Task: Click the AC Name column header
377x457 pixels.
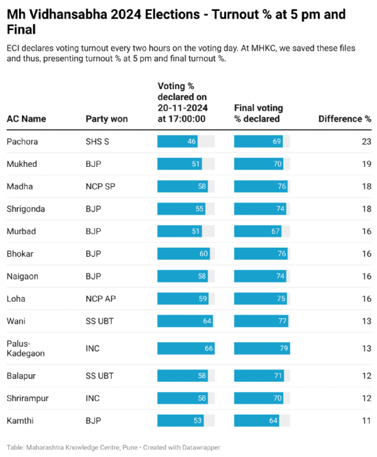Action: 26,119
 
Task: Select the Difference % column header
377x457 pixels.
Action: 344,119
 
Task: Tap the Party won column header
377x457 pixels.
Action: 106,119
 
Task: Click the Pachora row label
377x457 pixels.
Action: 22,142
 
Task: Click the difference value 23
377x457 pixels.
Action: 366,142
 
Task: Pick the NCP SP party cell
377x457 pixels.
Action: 100,186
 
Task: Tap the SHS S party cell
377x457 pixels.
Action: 99,142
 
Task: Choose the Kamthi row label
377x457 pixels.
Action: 21,420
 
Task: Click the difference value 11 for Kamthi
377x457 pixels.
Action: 366,420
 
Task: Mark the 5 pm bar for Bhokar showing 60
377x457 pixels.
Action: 182,254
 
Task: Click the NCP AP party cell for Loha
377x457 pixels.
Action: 100,298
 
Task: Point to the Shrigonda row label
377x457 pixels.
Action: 26,209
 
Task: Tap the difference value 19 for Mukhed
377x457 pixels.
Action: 366,164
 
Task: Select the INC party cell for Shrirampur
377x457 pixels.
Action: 93,397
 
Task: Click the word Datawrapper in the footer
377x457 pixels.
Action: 199,447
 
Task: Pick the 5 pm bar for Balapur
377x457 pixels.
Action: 181,376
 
